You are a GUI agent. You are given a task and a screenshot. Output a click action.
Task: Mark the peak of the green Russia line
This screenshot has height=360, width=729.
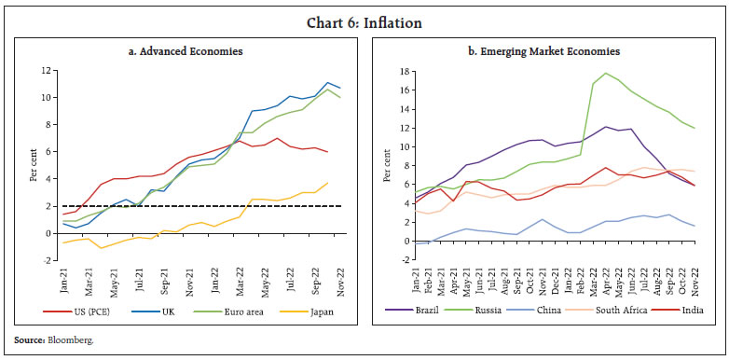607,73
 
